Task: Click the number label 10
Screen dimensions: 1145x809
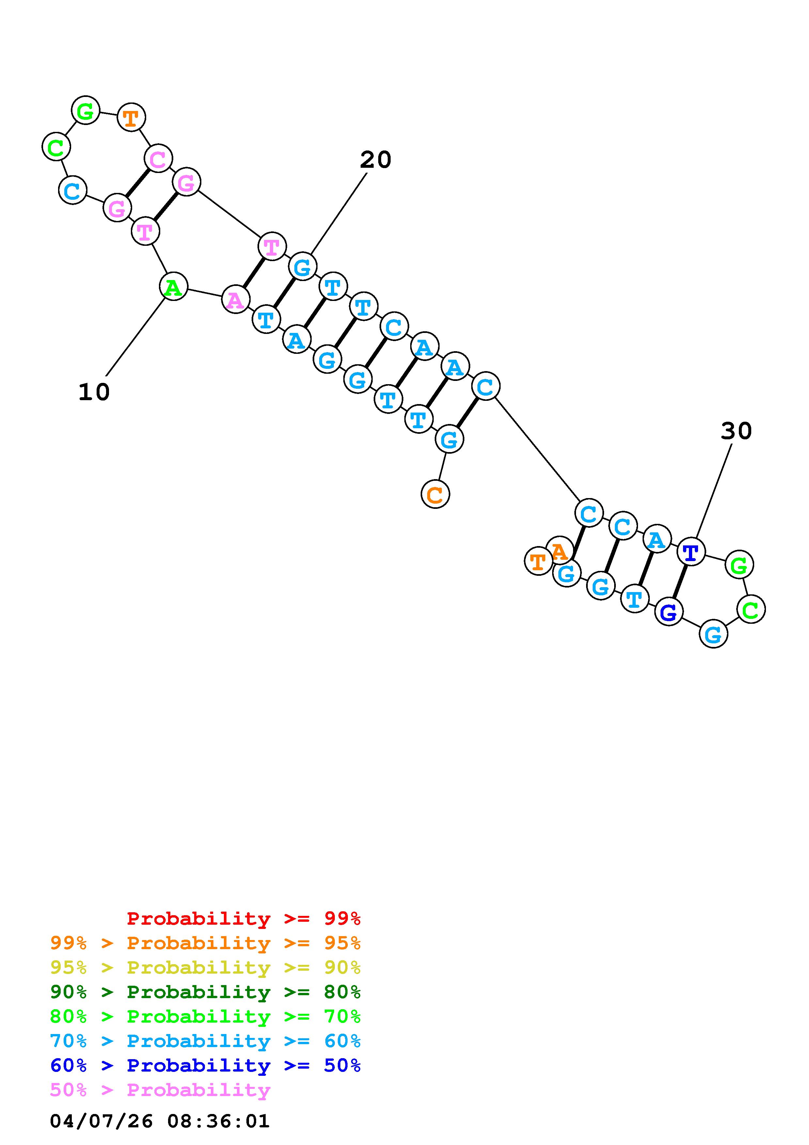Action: (94, 392)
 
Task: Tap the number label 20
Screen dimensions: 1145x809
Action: (375, 160)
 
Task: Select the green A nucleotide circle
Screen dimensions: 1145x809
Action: (173, 287)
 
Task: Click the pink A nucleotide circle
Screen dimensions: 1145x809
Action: (235, 300)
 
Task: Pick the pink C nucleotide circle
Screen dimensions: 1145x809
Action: (158, 159)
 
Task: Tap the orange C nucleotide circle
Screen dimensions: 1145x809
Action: (435, 494)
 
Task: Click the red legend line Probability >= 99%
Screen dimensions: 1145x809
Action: (243, 918)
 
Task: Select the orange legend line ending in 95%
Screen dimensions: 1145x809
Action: (205, 943)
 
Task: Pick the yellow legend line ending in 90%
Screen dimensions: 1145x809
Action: (205, 967)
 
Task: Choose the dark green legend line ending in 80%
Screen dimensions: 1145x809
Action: (205, 992)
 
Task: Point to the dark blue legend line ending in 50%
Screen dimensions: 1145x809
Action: (205, 1065)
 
